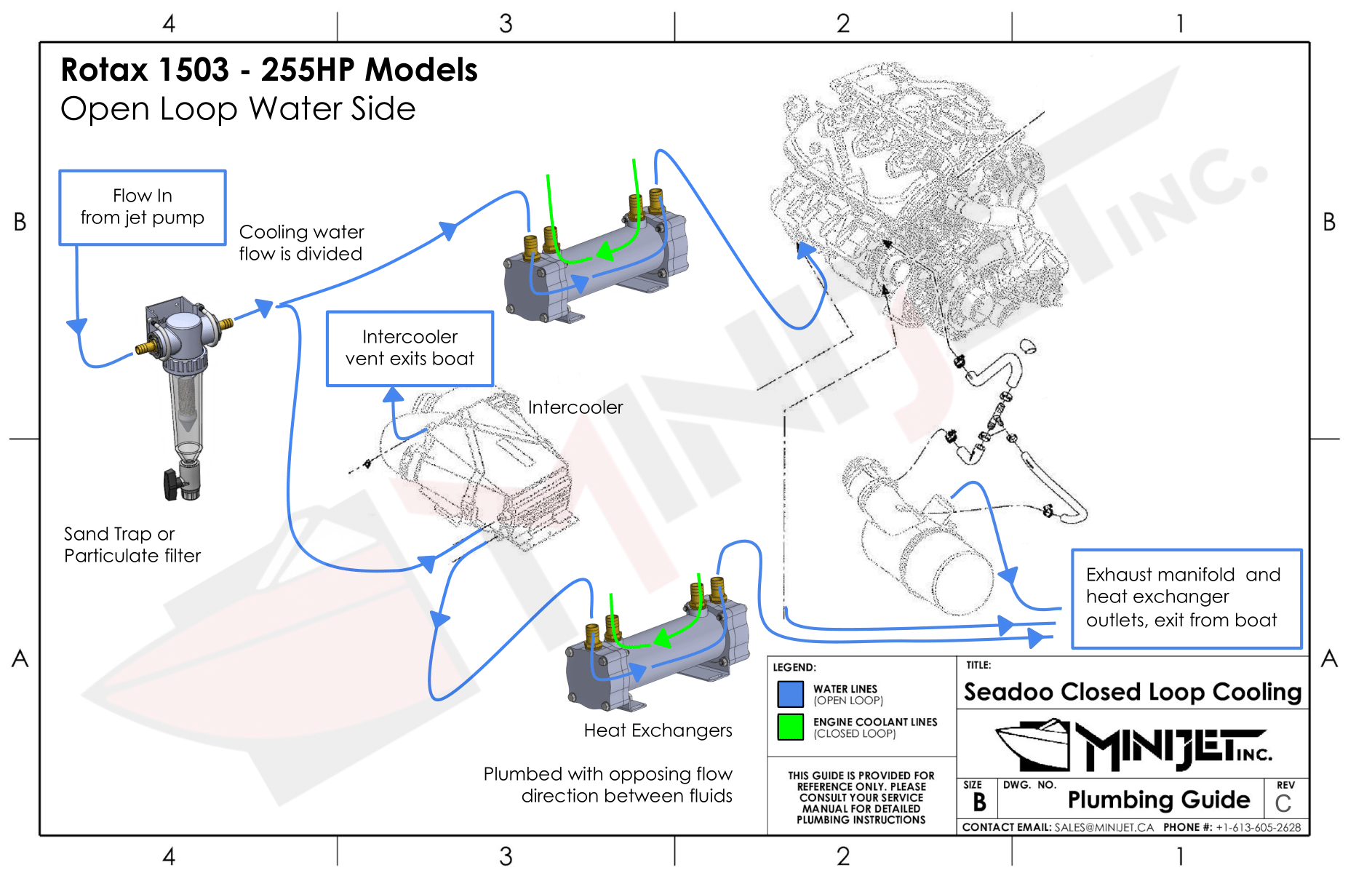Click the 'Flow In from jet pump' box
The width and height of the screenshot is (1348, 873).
click(143, 207)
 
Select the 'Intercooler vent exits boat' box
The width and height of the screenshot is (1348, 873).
click(410, 348)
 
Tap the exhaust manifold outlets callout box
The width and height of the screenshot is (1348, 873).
click(1186, 598)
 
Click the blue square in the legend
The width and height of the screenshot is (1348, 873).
click(790, 694)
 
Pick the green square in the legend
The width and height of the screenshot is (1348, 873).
click(790, 727)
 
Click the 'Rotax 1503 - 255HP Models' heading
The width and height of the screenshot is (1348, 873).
click(269, 71)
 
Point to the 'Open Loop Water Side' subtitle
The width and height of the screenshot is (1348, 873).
click(238, 109)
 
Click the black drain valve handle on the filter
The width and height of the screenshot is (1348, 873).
click(171, 485)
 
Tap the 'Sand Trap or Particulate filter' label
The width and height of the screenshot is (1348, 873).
click(132, 545)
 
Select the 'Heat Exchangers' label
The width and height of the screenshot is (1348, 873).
click(658, 730)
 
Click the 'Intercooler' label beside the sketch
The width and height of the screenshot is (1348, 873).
click(575, 407)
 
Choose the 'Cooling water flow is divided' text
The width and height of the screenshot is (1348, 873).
click(301, 243)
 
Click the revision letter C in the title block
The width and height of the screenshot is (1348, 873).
click(1283, 804)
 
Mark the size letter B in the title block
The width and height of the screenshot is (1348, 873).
click(979, 802)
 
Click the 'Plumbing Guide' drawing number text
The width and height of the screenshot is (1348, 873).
click(1158, 800)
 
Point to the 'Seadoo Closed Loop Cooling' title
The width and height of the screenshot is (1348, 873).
click(1132, 692)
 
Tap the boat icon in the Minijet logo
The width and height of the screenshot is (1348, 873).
click(1033, 745)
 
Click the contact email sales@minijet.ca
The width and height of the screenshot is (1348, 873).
click(1104, 828)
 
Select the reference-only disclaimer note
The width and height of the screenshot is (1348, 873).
click(861, 797)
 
